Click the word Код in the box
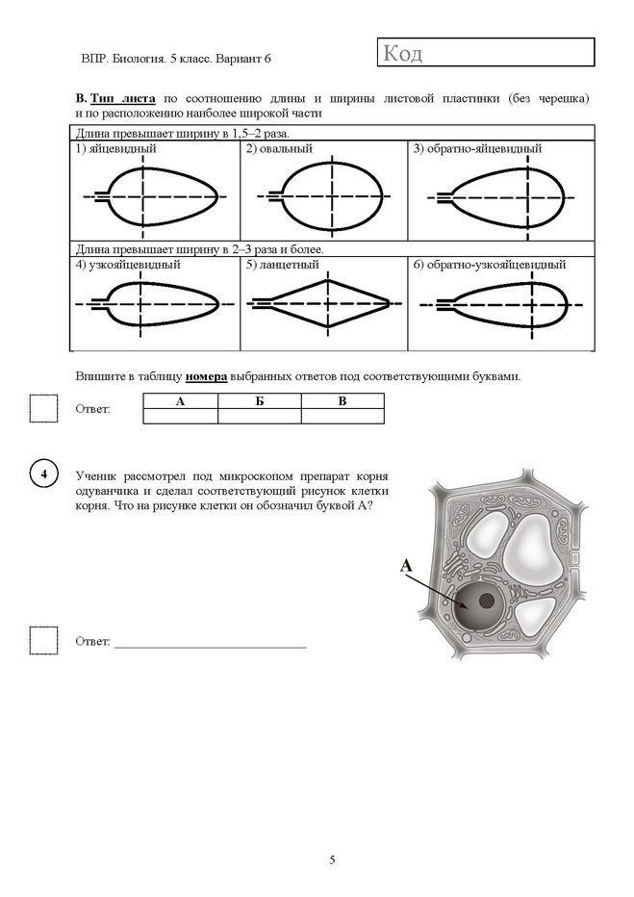[403, 53]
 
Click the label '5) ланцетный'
[283, 265]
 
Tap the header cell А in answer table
[181, 401]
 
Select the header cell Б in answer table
[260, 401]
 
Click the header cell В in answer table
[342, 401]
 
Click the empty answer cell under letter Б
[260, 416]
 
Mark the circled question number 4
[44, 474]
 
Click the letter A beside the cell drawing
[406, 566]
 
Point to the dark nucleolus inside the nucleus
[487, 601]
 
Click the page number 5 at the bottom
[332, 859]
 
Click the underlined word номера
[207, 376]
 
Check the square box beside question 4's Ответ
[44, 640]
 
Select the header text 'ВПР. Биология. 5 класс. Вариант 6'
[176, 59]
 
